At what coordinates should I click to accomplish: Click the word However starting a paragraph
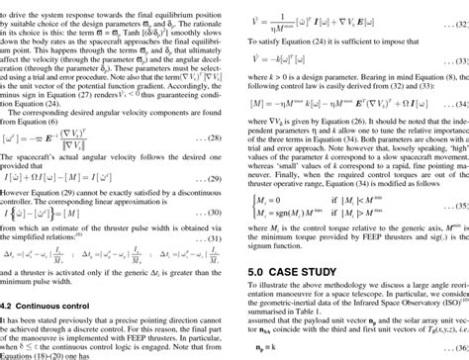(21, 220)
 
